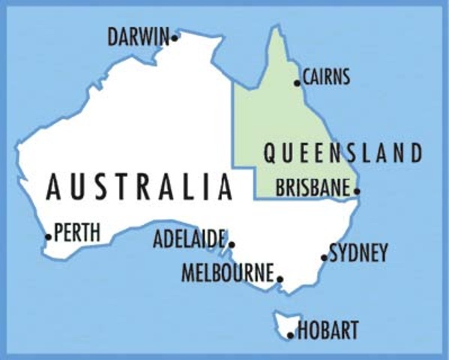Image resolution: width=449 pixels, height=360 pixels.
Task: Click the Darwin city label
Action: coord(139,36)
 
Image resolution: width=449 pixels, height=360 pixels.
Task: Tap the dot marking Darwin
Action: coord(175,36)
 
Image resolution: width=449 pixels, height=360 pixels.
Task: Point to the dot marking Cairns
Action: coord(298,82)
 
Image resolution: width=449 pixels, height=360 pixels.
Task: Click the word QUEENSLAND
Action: coord(343,154)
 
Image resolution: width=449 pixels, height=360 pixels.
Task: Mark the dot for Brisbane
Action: coord(357,191)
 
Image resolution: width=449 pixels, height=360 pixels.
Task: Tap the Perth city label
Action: coord(77,233)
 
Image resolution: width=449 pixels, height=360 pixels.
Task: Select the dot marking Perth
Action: coord(49,237)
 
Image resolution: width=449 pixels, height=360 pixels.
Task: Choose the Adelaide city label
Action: coord(189,240)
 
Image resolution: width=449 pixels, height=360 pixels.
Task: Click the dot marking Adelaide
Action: coord(232,244)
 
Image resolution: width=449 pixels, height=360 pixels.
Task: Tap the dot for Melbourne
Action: coord(280,279)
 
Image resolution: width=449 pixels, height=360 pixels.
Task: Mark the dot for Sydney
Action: coord(325,257)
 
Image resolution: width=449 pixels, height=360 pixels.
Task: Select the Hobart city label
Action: coord(328,330)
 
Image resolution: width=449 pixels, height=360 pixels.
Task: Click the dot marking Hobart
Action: coord(291,334)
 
